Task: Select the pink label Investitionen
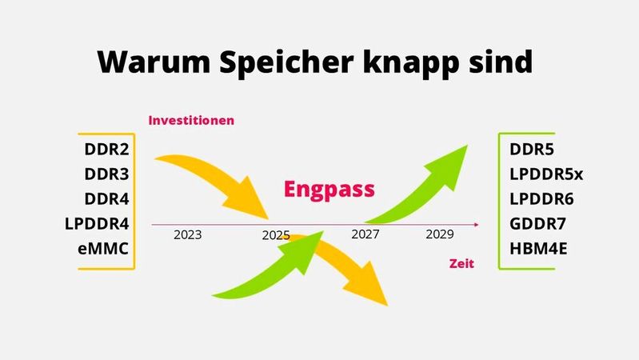point(191,120)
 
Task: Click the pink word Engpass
point(329,190)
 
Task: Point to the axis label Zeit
point(461,262)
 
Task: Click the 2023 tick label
point(187,235)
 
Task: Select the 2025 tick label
point(275,236)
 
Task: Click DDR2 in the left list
point(106,150)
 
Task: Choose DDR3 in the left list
point(106,174)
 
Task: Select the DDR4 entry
point(106,199)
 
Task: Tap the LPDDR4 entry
point(97,224)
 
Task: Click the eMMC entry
point(103,249)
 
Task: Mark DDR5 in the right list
point(532,150)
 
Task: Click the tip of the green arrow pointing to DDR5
point(467,146)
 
